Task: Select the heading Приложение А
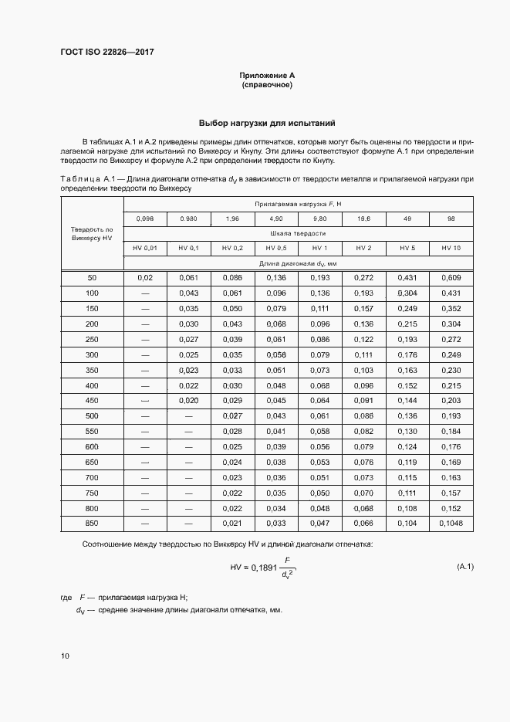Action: pyautogui.click(x=267, y=75)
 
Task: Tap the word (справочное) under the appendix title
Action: pyautogui.click(x=267, y=84)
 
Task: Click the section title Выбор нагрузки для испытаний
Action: pyautogui.click(x=267, y=124)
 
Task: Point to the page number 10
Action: pyautogui.click(x=65, y=656)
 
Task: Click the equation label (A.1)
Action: pyautogui.click(x=465, y=567)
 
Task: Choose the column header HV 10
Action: pyautogui.click(x=451, y=247)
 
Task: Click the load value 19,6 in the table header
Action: pyautogui.click(x=363, y=219)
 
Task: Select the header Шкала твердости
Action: pyautogui.click(x=298, y=232)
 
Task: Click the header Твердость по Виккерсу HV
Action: pyautogui.click(x=92, y=234)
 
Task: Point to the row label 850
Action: pyautogui.click(x=92, y=524)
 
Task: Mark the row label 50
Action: pyautogui.click(x=92, y=277)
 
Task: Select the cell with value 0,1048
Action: pyautogui.click(x=451, y=524)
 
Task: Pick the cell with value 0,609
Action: pyautogui.click(x=451, y=277)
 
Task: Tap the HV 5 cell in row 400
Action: pyautogui.click(x=407, y=385)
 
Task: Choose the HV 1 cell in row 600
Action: pyautogui.click(x=319, y=447)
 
